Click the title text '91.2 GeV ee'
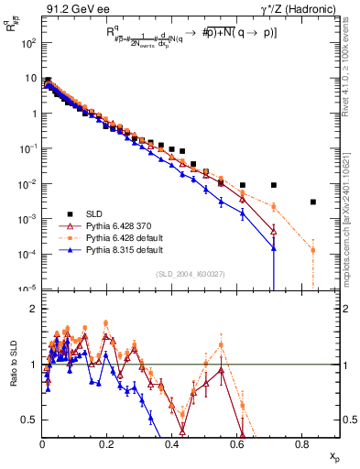coord(70,9)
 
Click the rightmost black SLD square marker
coord(313,202)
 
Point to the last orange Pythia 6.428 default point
coord(313,250)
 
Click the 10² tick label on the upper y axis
coord(29,43)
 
